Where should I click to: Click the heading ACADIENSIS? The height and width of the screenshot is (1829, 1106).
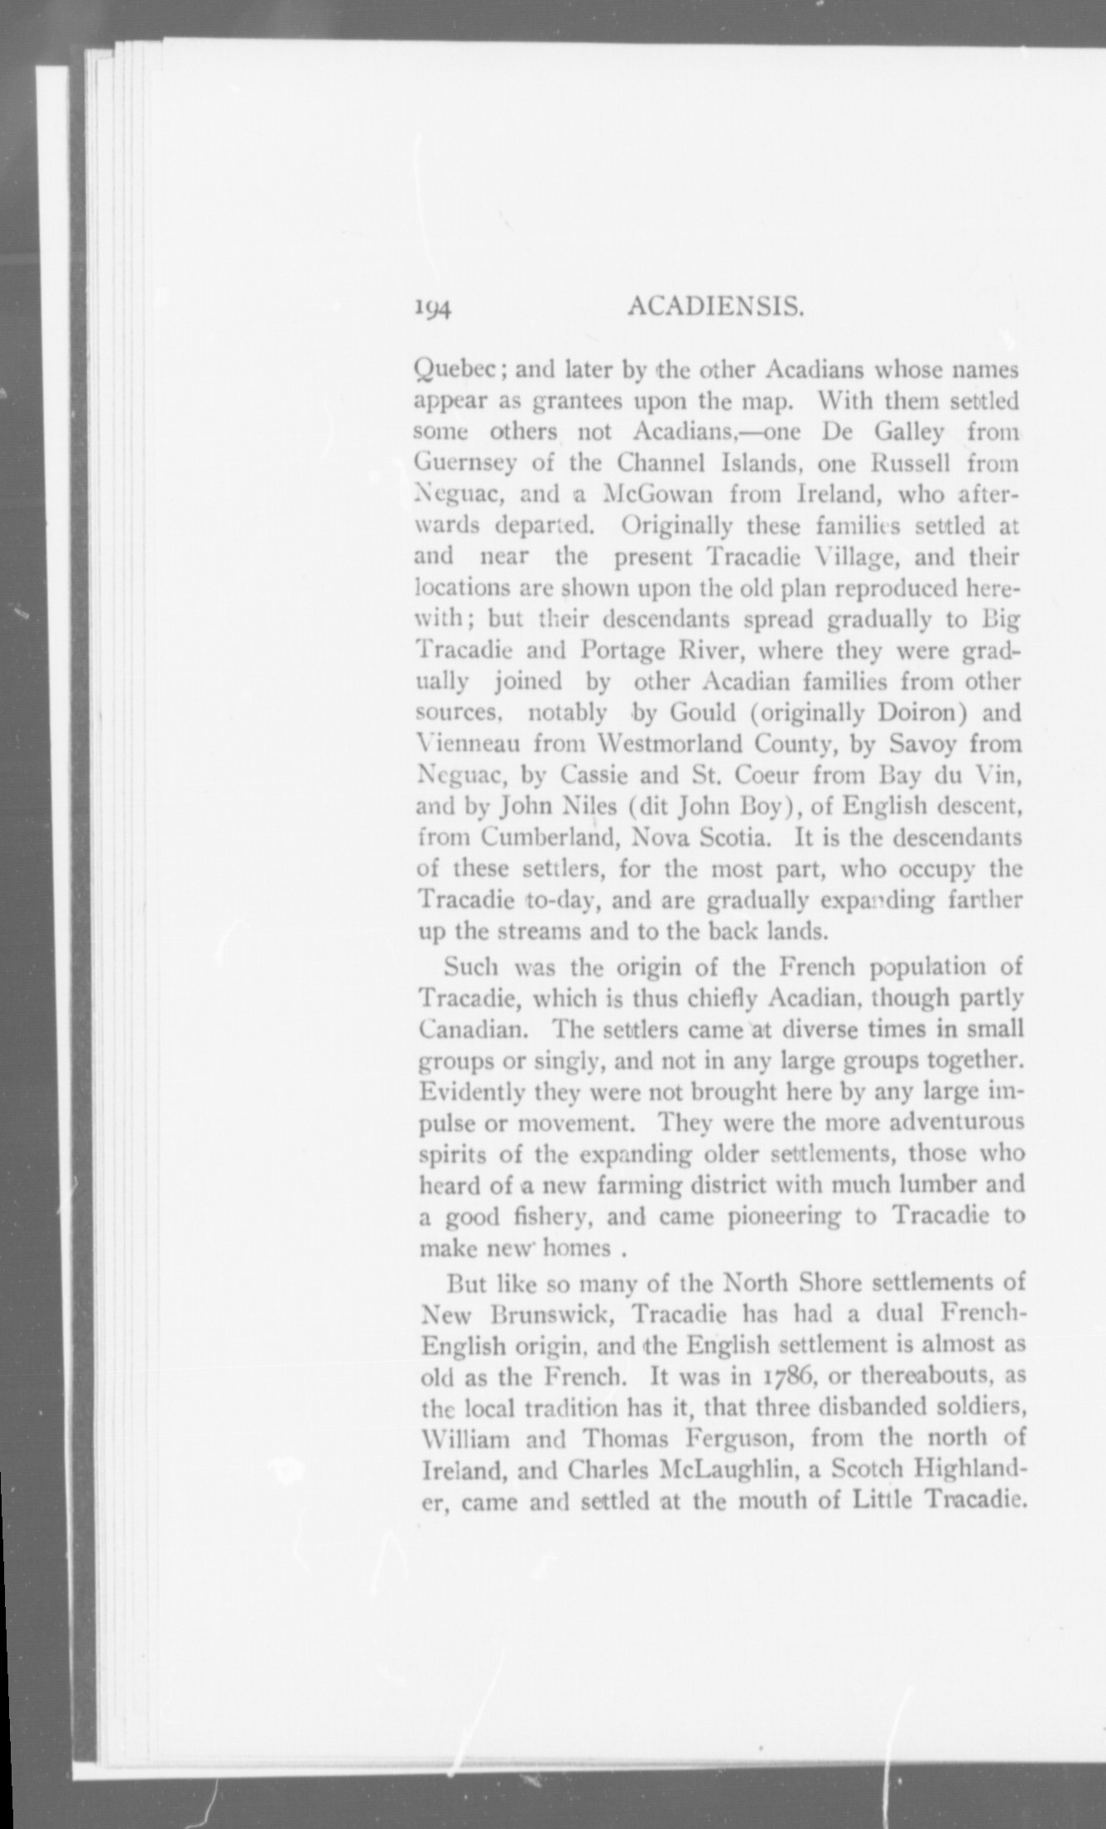tap(716, 307)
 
